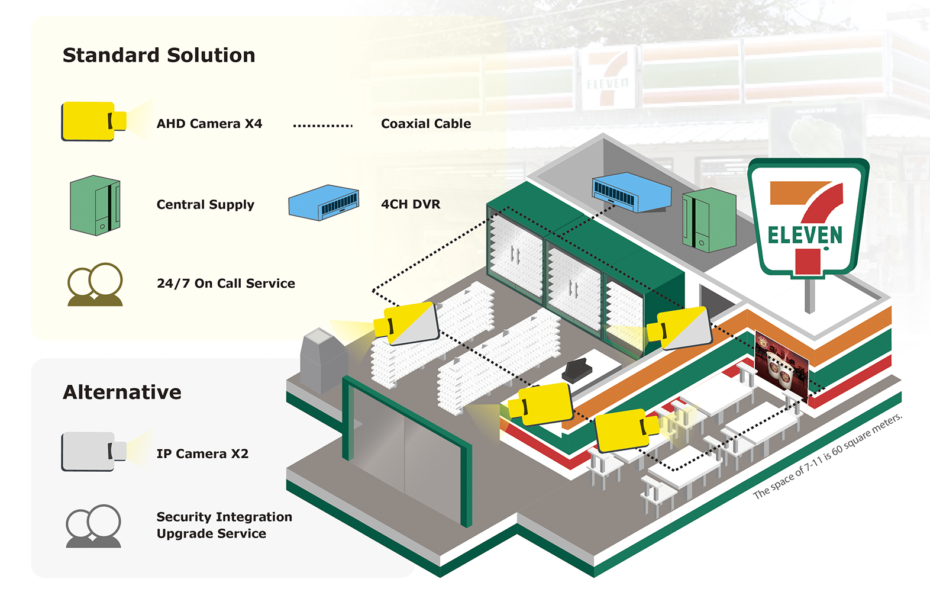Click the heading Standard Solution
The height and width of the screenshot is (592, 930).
159,55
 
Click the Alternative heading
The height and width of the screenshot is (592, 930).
122,392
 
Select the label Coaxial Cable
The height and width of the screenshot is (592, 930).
426,124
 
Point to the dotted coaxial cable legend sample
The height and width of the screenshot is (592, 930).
322,126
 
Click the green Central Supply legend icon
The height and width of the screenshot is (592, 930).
95,205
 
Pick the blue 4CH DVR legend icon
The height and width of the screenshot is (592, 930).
324,203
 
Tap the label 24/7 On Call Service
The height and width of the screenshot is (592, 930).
225,284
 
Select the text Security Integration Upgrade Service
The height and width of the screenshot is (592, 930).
224,525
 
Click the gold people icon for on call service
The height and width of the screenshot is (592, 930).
95,285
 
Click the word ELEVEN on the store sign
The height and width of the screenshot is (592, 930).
805,235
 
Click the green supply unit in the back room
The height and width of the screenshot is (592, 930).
709,220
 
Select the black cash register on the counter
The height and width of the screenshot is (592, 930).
577,371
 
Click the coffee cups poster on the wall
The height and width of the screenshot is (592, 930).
781,365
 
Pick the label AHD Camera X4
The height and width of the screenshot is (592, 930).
209,124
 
